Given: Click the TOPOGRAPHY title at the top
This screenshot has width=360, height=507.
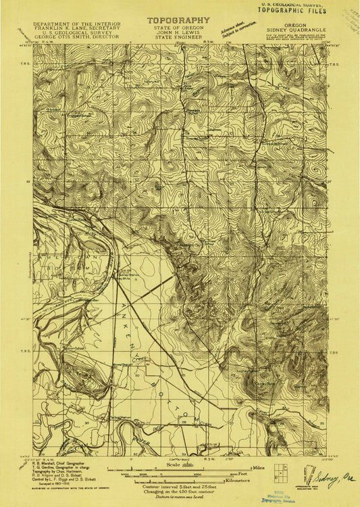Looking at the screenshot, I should [x=178, y=21].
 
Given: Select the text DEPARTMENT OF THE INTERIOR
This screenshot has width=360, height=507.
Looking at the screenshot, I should [x=77, y=23].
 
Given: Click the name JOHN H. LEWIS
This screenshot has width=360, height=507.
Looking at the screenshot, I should [x=178, y=32].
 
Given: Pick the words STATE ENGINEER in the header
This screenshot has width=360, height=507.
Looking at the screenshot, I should [x=178, y=37].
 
